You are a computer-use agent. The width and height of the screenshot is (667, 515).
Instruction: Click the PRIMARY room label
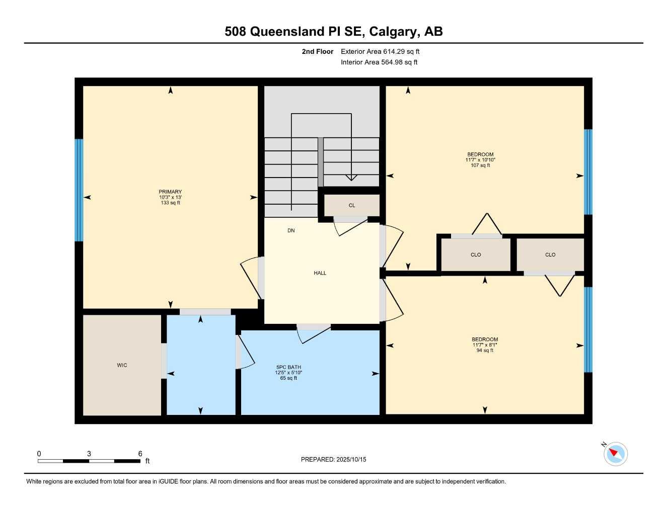[x=170, y=192]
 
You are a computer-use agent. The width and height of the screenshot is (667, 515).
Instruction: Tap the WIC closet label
[x=122, y=365]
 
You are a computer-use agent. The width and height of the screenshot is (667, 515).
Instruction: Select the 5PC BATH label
[x=288, y=367]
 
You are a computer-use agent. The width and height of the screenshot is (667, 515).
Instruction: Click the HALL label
[x=320, y=273]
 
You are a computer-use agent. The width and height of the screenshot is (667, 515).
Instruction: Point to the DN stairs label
[x=291, y=230]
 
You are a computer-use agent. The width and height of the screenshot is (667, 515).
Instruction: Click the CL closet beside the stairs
[x=352, y=205]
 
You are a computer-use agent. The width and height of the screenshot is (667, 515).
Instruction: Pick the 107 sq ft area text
[x=480, y=165]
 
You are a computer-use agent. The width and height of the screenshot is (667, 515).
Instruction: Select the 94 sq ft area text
[x=485, y=351]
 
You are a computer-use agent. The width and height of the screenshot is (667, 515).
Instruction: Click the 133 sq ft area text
[x=170, y=203]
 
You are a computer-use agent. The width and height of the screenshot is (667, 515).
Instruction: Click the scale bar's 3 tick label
[x=89, y=454]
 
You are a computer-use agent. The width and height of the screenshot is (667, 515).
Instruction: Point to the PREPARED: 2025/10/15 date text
[x=333, y=459]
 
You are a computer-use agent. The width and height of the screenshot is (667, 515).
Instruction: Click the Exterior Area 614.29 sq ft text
[x=380, y=51]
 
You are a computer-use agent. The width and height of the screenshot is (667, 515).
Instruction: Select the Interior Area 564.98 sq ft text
[x=379, y=62]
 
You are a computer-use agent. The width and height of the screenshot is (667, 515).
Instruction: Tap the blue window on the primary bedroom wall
[x=79, y=190]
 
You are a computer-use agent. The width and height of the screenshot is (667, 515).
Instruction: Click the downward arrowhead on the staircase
[x=351, y=177]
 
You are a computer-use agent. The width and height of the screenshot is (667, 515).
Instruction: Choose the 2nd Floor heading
[x=317, y=51]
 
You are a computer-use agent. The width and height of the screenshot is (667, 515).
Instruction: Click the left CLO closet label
[x=476, y=254]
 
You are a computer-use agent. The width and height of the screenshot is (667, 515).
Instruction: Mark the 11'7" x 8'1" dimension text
[x=485, y=345]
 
